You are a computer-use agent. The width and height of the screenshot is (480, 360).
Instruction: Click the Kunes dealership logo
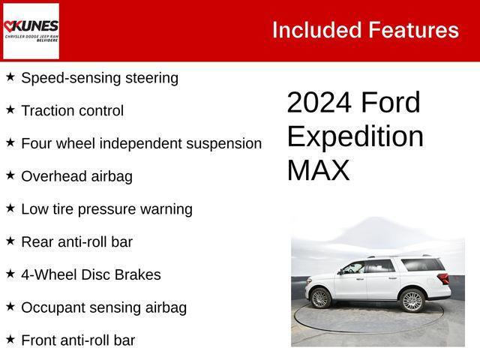tap(31, 31)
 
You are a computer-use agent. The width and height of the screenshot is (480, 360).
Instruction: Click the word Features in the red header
tap(412, 30)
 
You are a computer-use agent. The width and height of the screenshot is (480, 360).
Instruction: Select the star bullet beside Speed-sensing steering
tap(10, 76)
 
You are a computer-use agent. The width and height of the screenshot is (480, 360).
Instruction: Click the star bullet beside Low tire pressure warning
tap(10, 208)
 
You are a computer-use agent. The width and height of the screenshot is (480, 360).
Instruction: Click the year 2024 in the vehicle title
tap(319, 103)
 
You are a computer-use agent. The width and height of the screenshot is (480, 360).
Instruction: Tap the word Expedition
tap(355, 136)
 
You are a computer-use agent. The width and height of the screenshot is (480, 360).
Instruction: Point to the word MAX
tap(318, 171)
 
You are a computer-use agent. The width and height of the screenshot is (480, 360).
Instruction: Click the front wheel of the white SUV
tap(321, 298)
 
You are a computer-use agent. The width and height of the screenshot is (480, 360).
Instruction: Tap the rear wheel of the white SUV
tap(412, 300)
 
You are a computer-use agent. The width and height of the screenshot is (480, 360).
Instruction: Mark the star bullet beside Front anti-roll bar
tap(10, 339)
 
